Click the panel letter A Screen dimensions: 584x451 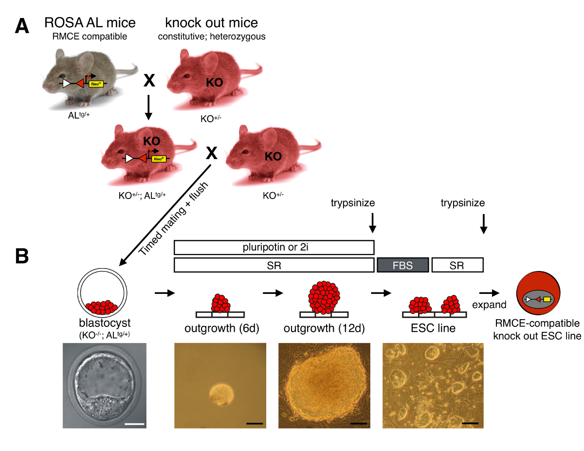pos(22,26)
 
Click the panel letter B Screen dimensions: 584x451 pos(22,256)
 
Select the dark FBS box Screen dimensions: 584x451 pos(402,265)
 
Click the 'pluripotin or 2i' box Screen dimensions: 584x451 pos(274,247)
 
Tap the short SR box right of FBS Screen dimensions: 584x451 pos(457,265)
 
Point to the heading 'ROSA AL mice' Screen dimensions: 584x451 pos(90,22)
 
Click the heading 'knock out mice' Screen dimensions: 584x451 pos(212,22)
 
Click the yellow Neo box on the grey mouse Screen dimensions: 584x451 pos(96,84)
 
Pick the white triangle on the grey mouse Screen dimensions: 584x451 pos(66,84)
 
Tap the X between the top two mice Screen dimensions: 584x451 pos(149,80)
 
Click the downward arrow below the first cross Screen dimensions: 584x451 pos(148,107)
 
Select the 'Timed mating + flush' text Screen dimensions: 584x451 pos(173,218)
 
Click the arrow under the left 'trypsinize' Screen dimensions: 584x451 pos(372,223)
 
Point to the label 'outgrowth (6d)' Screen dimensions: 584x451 pos(222,328)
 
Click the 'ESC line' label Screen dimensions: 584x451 pos(433,328)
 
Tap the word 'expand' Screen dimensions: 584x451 pos(489,305)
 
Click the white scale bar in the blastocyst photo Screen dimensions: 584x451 pos(135,424)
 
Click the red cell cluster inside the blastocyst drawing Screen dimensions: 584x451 pos(102,307)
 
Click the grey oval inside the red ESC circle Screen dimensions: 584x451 pos(538,299)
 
